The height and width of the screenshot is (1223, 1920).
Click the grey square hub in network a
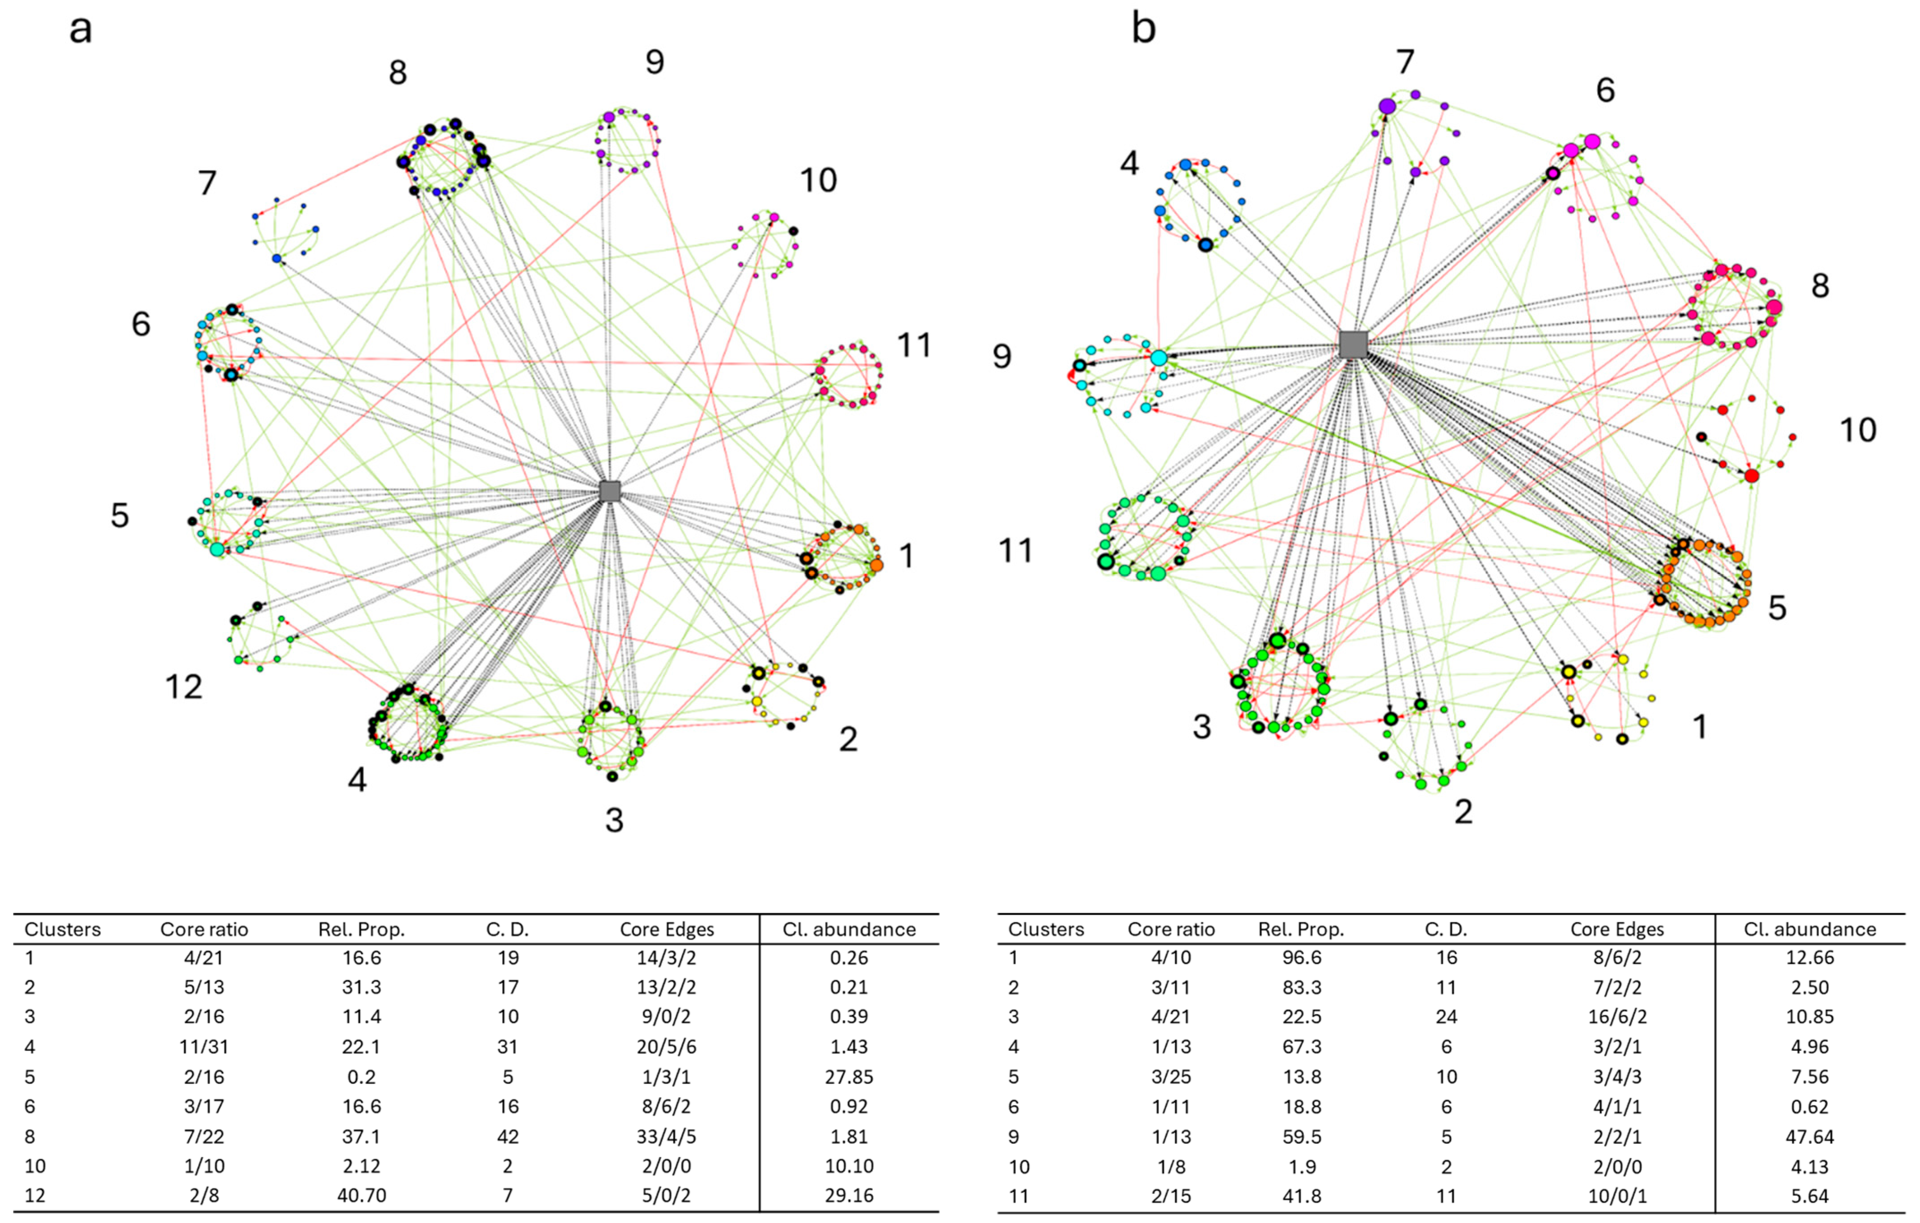point(610,491)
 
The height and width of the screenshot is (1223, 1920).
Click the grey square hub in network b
point(1353,345)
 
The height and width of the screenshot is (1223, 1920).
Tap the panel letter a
point(80,30)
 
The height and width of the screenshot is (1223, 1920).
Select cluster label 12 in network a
point(183,687)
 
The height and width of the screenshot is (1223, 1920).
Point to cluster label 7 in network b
point(1405,61)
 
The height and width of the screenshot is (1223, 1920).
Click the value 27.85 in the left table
point(849,1076)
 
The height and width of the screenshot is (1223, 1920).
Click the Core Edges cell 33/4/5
point(667,1136)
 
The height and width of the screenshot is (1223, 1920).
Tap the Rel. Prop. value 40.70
point(361,1195)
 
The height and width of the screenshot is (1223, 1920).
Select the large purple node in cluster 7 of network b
point(1387,106)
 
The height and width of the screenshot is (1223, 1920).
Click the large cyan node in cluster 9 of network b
point(1159,358)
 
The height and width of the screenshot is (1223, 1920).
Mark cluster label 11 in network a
point(914,345)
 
